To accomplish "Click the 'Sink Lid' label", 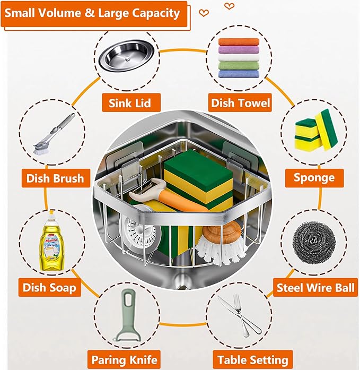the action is (x=131, y=102).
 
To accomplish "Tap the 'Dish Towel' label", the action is (x=240, y=102).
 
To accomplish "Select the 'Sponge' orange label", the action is (x=314, y=178).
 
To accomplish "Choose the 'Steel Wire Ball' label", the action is (x=315, y=288).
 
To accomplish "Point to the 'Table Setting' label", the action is (x=253, y=360).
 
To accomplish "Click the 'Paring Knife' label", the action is (x=124, y=360).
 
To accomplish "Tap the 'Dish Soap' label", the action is (x=50, y=287).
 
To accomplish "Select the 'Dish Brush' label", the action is (x=56, y=178).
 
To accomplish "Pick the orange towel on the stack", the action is (x=239, y=42).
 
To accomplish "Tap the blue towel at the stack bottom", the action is (x=239, y=74).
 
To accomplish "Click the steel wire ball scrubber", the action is (x=314, y=242).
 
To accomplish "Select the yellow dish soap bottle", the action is (x=51, y=243).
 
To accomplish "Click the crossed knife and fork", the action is (x=240, y=315).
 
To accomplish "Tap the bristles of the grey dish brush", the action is (x=40, y=148).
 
